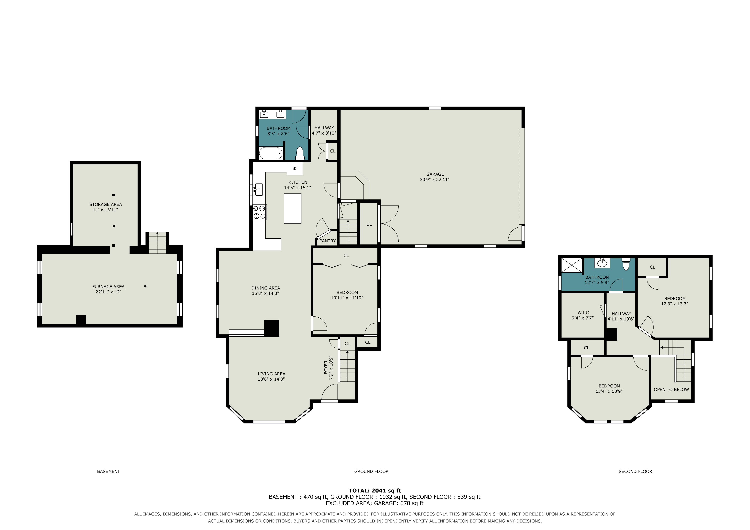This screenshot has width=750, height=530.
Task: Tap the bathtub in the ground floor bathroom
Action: pyautogui.click(x=271, y=153)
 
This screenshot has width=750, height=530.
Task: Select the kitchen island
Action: pyautogui.click(x=293, y=208)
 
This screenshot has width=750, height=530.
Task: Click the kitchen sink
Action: pyautogui.click(x=259, y=190)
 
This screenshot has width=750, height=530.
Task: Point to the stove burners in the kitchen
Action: pyautogui.click(x=260, y=212)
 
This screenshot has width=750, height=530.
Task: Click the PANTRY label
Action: pyautogui.click(x=328, y=241)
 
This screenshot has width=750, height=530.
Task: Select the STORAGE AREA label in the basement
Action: pyautogui.click(x=106, y=204)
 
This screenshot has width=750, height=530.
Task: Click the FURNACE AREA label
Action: pyautogui.click(x=108, y=287)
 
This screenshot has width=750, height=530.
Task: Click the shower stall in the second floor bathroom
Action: pyautogui.click(x=572, y=265)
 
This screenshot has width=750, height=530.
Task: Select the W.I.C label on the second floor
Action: pyautogui.click(x=583, y=313)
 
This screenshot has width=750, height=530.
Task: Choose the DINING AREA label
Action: pyautogui.click(x=266, y=288)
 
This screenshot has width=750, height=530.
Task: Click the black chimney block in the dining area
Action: pyautogui.click(x=272, y=328)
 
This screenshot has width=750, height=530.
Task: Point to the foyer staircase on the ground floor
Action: pyautogui.click(x=347, y=366)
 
